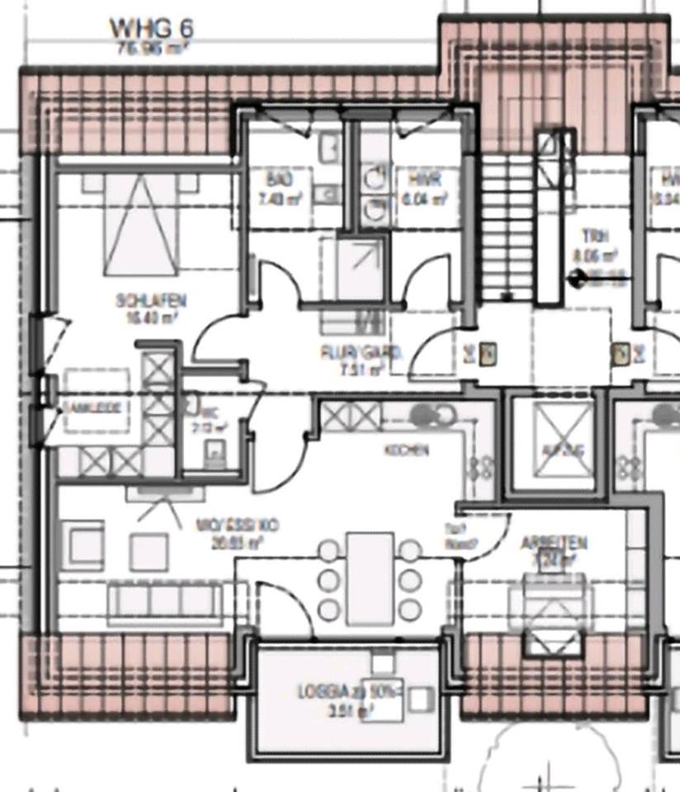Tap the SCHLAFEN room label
tap(151, 302)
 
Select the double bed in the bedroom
tap(140, 223)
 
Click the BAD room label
tap(274, 180)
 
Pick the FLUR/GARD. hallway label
tap(361, 353)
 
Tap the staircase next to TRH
tap(507, 223)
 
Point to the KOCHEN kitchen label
tap(406, 450)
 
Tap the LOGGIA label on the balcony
tap(350, 692)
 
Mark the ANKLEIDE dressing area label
tap(93, 408)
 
